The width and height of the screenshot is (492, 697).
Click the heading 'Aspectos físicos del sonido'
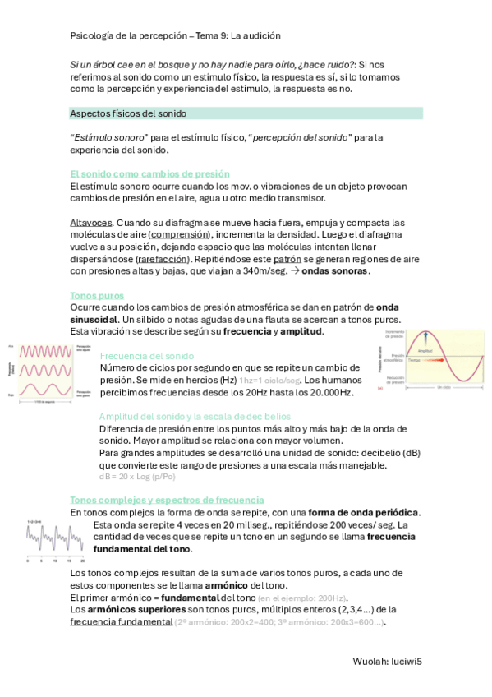point(129,113)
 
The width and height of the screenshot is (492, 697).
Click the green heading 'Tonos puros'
point(98,295)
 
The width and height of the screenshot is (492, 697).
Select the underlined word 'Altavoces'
point(92,223)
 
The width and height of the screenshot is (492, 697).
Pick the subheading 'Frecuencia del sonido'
point(146,356)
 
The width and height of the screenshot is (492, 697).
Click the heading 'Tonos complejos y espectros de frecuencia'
point(167,500)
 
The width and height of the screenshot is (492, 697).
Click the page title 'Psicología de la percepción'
point(130,36)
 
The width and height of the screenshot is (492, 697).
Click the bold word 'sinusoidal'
point(93,319)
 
